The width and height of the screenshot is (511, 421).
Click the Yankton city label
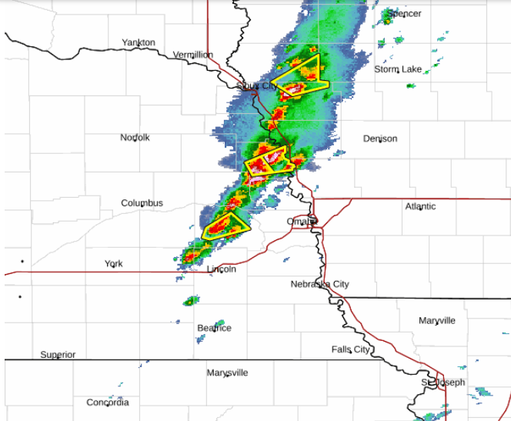click(x=139, y=42)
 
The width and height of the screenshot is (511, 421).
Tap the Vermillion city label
click(x=192, y=55)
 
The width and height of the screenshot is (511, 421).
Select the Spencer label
click(x=404, y=13)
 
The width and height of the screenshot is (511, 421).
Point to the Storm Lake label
click(x=398, y=69)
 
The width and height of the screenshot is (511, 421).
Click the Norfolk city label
click(x=135, y=137)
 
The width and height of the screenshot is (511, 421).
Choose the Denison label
click(x=380, y=139)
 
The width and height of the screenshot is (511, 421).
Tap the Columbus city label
click(x=142, y=202)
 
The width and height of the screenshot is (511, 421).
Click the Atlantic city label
click(x=420, y=206)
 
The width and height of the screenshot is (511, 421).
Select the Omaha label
click(x=301, y=222)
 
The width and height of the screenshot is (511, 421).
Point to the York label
click(x=113, y=264)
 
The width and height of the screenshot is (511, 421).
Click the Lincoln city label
click(x=222, y=269)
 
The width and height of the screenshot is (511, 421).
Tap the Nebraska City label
click(x=319, y=284)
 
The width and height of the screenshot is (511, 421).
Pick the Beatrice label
click(x=214, y=328)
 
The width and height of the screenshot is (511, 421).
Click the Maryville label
click(x=436, y=320)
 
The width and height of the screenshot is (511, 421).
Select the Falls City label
click(x=350, y=349)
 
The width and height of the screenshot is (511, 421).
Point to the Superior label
click(x=58, y=355)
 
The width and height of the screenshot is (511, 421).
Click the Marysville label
click(x=227, y=373)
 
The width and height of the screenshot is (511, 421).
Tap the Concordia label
click(x=108, y=402)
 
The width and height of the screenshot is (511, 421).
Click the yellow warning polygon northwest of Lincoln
click(x=225, y=225)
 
